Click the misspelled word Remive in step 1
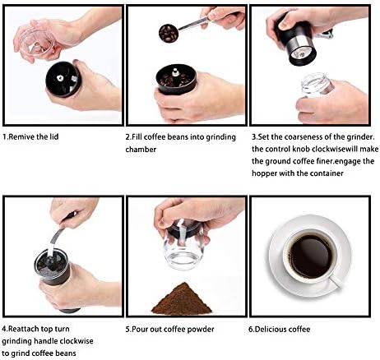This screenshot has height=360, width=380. [x=21, y=136]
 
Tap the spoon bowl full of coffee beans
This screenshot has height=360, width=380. [x=169, y=34]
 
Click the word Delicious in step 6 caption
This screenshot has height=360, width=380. [x=268, y=329]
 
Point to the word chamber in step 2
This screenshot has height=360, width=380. [x=141, y=150]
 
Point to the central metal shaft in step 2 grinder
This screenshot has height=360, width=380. [x=174, y=72]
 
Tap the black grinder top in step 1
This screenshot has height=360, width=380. [x=63, y=79]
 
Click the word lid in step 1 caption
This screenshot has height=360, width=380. [x=54, y=136]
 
